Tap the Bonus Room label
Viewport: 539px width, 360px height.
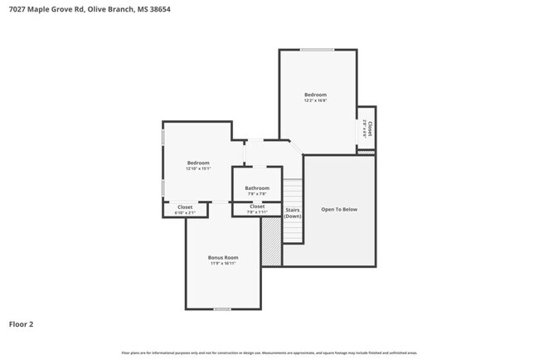(x=222, y=258)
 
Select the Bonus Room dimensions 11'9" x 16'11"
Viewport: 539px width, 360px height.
(x=222, y=265)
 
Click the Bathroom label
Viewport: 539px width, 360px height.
(x=257, y=188)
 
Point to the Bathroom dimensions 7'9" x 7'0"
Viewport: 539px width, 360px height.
(x=257, y=194)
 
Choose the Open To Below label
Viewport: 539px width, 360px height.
(x=339, y=209)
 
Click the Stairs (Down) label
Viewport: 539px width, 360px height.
(x=292, y=212)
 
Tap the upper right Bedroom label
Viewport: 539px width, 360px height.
(x=315, y=95)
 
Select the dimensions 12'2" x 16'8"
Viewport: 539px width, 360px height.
(x=315, y=101)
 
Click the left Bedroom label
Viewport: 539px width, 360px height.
(x=198, y=163)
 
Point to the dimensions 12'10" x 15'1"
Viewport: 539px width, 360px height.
(x=198, y=169)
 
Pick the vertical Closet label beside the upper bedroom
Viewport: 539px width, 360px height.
(x=370, y=128)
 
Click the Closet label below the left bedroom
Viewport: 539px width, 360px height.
(x=185, y=207)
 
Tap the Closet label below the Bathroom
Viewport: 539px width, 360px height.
(x=257, y=207)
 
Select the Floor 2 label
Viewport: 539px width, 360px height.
(x=21, y=324)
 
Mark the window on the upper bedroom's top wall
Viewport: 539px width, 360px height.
(x=317, y=51)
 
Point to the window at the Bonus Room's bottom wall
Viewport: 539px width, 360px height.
(x=221, y=309)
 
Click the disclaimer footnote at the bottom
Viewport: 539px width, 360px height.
(x=269, y=353)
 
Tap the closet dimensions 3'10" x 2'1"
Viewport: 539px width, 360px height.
(x=185, y=213)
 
